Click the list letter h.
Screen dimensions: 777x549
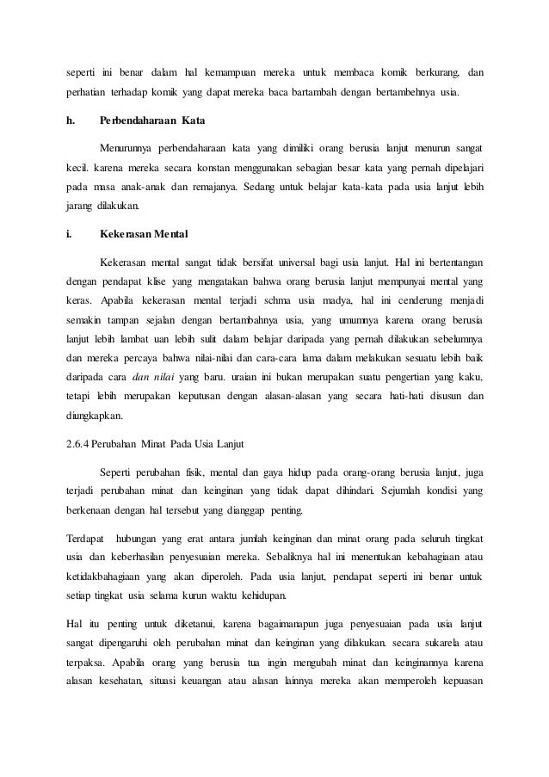70,120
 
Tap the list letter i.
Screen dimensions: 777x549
69,233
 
